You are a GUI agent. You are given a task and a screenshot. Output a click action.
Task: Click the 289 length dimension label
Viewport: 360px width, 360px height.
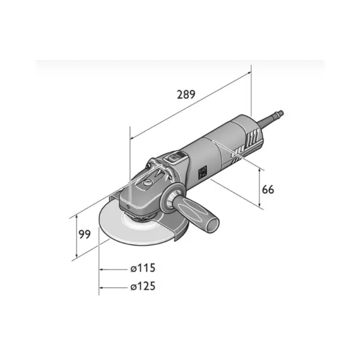186,94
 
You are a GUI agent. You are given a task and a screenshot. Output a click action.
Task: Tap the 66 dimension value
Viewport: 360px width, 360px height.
268,190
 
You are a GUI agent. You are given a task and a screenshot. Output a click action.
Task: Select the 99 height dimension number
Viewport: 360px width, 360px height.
85,234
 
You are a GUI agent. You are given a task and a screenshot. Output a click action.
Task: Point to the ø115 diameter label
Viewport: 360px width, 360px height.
143,268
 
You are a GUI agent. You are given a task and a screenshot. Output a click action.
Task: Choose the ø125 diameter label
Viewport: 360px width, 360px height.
143,286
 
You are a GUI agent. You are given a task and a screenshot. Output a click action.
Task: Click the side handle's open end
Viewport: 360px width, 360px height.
213,223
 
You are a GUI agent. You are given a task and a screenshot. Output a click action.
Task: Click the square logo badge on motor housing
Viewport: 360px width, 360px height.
203,172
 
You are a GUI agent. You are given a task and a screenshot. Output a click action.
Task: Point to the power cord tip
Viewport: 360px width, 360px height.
280,113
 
